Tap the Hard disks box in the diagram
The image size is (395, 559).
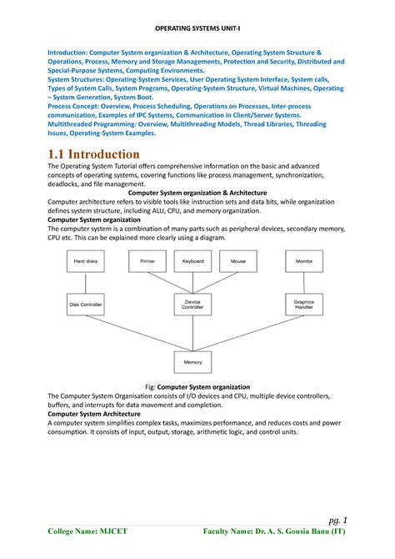point(86,261)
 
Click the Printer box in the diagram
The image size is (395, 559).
point(148,261)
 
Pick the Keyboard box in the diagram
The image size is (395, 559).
point(192,261)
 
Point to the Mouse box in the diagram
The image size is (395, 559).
point(239,261)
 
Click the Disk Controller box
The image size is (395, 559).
point(86,305)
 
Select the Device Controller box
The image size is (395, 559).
point(192,305)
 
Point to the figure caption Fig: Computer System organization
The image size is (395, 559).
point(197,387)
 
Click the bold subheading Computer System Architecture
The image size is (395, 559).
point(94,414)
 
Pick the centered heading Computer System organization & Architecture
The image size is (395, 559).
point(197,193)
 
